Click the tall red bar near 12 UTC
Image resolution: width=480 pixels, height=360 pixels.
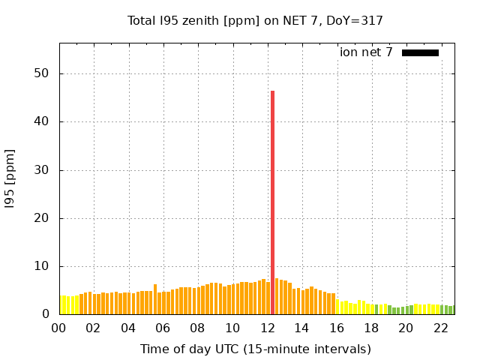[x=272, y=202]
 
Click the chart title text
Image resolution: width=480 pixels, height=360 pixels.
[x=255, y=20]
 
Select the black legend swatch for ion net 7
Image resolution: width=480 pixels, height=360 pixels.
[x=420, y=52]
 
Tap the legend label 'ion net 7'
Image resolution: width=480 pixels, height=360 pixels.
[x=366, y=52]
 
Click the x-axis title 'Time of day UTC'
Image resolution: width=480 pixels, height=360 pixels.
[x=255, y=349]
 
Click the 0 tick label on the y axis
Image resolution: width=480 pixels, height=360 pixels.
[x=45, y=315]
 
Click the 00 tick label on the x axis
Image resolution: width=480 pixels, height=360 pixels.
[x=58, y=328]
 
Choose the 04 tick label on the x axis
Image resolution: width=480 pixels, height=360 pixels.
[x=128, y=328]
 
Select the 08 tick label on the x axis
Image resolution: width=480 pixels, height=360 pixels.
[x=197, y=328]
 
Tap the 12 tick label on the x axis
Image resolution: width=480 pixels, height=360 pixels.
[x=267, y=328]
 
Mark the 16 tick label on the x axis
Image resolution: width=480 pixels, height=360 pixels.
[x=336, y=328]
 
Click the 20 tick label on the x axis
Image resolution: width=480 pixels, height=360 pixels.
[x=406, y=328]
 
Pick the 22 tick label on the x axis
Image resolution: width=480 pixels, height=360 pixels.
[x=440, y=328]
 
